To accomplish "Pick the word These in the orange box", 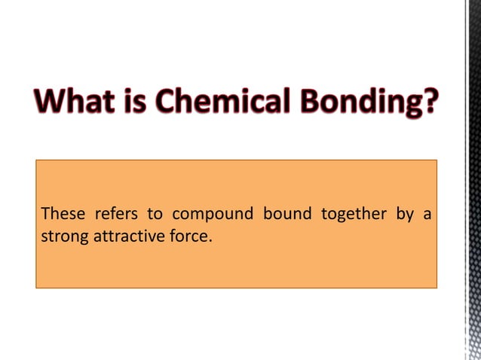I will pos(63,215).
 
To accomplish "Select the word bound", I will pos(287,215).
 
